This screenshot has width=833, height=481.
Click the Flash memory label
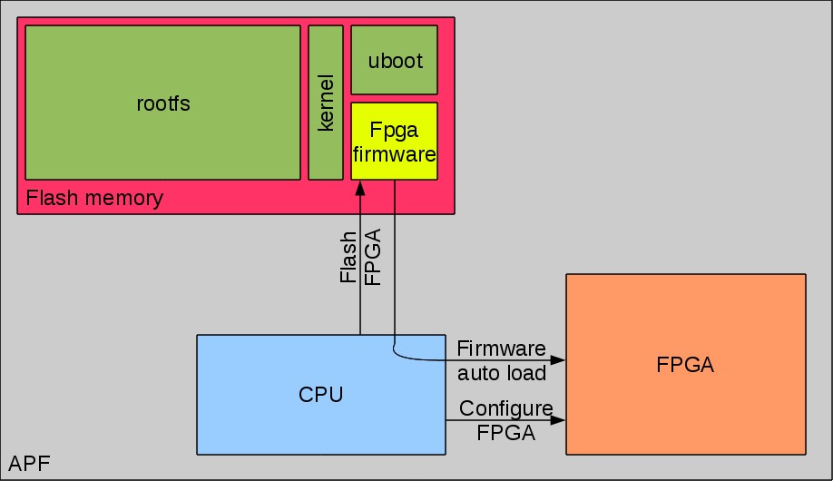pos(94,198)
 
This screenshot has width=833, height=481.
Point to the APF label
pos(29,466)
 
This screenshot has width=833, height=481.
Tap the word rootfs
pos(163,103)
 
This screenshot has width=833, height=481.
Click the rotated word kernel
pos(326,103)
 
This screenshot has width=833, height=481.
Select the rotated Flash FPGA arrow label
pos(360,258)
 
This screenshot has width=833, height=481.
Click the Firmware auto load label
pos(502,360)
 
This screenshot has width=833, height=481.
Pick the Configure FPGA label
pos(505,420)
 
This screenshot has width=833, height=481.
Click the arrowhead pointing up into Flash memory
pos(360,188)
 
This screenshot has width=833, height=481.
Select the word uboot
pos(394,61)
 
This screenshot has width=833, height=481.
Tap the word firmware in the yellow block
pos(394,154)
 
